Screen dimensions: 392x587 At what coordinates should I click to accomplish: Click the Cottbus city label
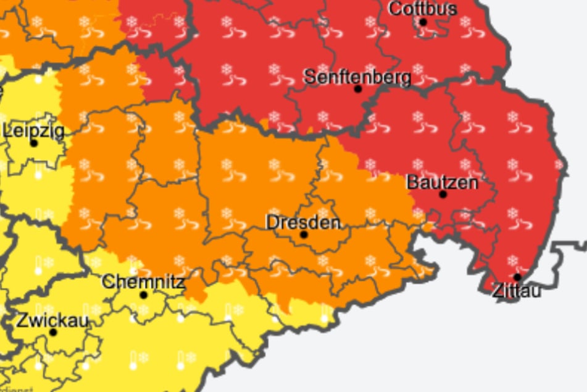[423, 9]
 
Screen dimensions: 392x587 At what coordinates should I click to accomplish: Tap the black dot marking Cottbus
[423, 22]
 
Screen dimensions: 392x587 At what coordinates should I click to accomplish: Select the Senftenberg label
[357, 77]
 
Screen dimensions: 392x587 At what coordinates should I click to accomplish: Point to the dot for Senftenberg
[357, 89]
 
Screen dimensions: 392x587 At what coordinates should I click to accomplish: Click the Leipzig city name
[33, 130]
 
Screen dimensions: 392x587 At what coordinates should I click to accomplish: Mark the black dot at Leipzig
[34, 143]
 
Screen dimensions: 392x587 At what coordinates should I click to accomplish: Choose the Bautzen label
[442, 182]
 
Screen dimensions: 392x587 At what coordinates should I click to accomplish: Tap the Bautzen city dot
[443, 194]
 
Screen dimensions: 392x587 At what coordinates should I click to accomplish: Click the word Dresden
[303, 222]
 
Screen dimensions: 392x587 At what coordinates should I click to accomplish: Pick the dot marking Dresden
[304, 235]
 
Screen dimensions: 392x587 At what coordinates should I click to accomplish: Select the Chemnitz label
[143, 283]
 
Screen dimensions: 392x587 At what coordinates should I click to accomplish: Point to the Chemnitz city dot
[144, 295]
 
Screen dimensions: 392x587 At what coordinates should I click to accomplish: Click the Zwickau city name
[52, 321]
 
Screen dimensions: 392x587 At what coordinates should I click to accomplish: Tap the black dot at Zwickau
[53, 333]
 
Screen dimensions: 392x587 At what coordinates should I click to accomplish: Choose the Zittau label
[517, 290]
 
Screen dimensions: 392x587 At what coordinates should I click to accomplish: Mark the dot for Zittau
[517, 277]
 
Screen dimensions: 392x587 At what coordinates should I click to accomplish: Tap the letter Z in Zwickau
[21, 321]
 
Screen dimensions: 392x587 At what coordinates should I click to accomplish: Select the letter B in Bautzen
[411, 182]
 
